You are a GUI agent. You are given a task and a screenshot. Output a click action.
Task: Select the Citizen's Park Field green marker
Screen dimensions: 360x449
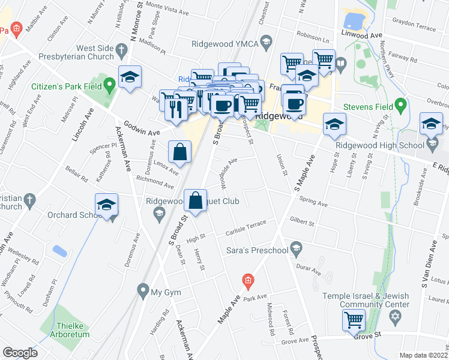tap(109, 85)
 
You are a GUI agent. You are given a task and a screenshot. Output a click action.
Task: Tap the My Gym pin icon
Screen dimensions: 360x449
tap(142, 292)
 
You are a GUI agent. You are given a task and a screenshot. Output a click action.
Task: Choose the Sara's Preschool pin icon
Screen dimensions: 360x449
tap(295, 247)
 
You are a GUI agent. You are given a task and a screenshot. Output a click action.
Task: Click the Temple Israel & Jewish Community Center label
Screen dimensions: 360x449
tap(366, 300)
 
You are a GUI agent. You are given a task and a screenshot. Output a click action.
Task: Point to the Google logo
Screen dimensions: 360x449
tap(19, 352)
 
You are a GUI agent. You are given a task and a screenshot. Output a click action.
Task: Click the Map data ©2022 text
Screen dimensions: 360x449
tap(424, 355)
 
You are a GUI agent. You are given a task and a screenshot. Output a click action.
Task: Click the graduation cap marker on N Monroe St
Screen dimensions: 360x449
tap(130, 77)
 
